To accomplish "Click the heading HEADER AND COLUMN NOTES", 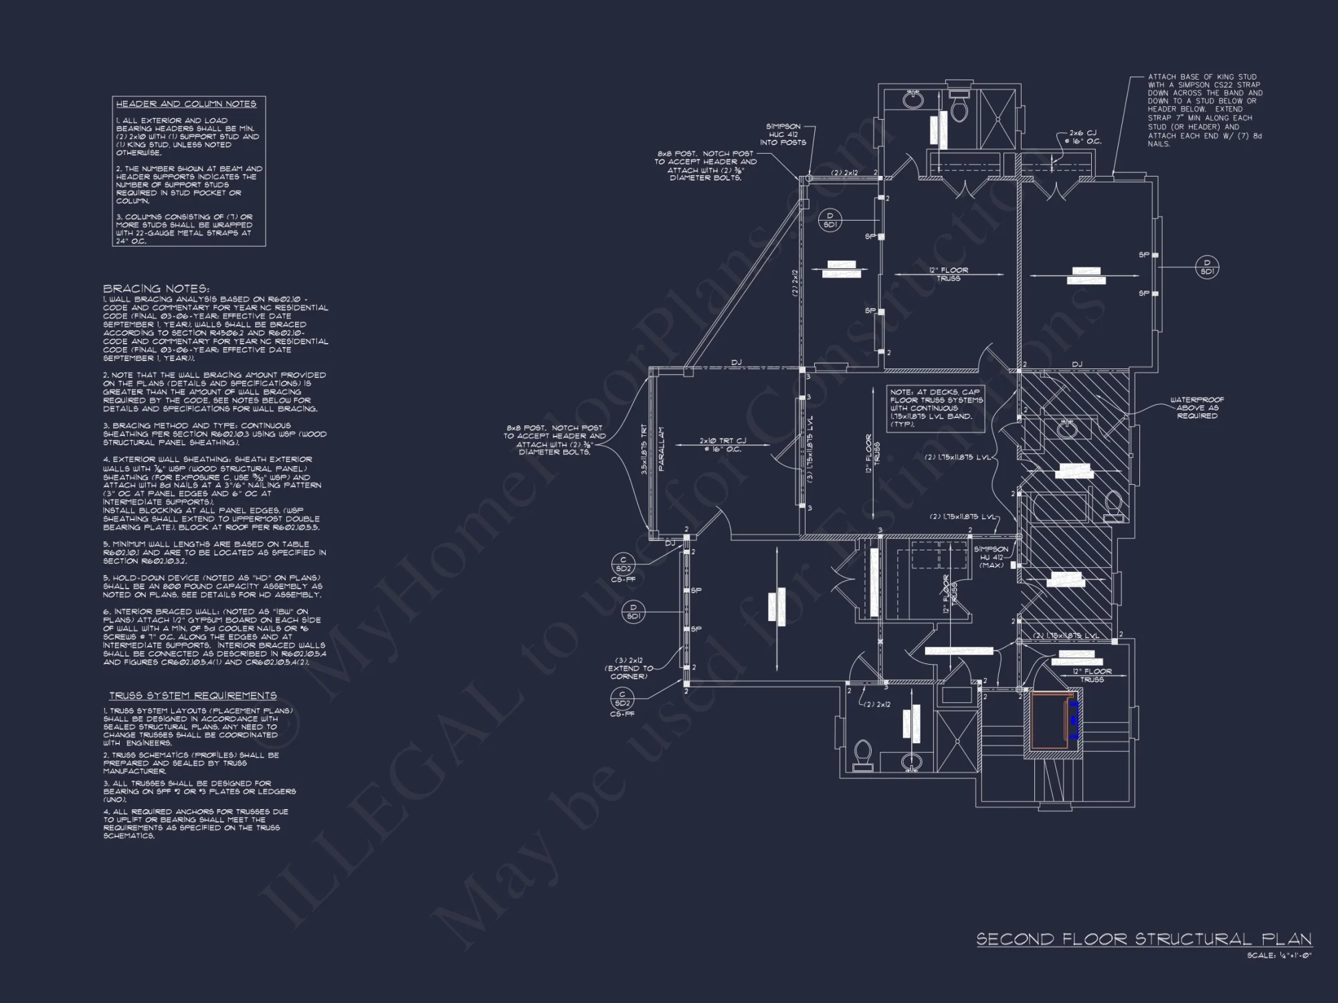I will [186, 104].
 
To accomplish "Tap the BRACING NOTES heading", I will [156, 289].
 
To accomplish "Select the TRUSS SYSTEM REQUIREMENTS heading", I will [193, 696].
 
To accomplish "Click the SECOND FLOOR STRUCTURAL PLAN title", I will [1143, 939].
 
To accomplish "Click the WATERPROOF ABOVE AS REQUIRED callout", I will [1197, 408].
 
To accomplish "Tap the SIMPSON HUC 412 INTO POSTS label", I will [783, 134].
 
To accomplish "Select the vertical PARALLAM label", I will [662, 449].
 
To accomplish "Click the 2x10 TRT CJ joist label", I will [723, 445].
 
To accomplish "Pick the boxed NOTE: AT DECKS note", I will [936, 409].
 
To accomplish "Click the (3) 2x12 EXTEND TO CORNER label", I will [629, 668].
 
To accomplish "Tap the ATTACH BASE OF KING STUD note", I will [1205, 110].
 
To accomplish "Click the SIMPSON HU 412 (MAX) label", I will [991, 557].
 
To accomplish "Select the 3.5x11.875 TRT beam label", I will [644, 449].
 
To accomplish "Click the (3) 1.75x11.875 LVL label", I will [810, 449].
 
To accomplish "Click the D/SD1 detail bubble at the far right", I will [1207, 267].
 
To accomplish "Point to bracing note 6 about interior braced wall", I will [213, 637].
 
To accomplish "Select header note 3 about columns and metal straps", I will [185, 229].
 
